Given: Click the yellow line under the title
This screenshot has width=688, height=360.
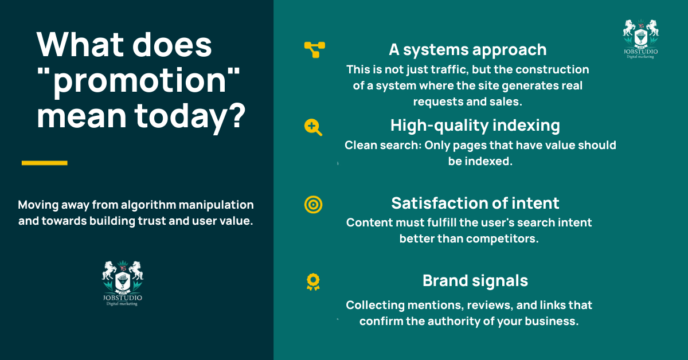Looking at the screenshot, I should point(44,163).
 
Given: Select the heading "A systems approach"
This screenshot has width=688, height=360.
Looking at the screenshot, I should point(467,50).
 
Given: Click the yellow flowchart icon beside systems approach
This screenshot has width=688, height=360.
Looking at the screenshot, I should point(314,50).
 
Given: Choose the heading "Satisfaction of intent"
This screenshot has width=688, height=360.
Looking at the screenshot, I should point(475,203).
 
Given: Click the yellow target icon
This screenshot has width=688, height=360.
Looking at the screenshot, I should point(313,204).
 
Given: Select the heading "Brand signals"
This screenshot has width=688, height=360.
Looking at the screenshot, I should point(475,280).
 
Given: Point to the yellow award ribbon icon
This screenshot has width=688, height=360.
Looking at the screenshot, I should point(313,281).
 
